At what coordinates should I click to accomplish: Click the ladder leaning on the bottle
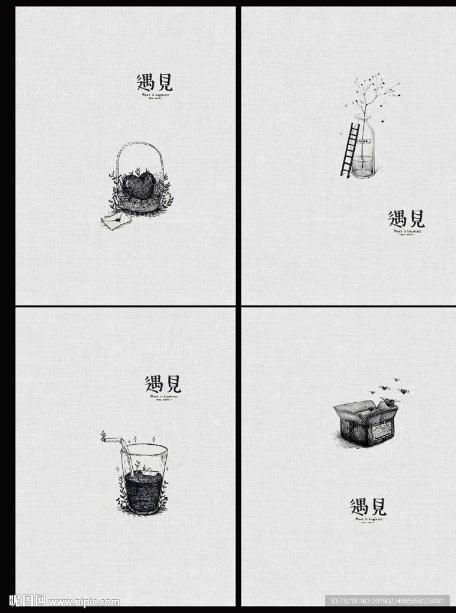(349, 150)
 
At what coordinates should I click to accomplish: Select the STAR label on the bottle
(364, 141)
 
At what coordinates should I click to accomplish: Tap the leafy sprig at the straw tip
(104, 436)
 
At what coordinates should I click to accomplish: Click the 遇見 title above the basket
(154, 82)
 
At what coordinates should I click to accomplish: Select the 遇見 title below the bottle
(406, 219)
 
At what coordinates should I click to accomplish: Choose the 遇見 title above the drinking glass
(163, 384)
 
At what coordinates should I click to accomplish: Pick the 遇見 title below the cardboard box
(368, 506)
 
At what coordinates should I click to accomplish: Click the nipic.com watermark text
(84, 602)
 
